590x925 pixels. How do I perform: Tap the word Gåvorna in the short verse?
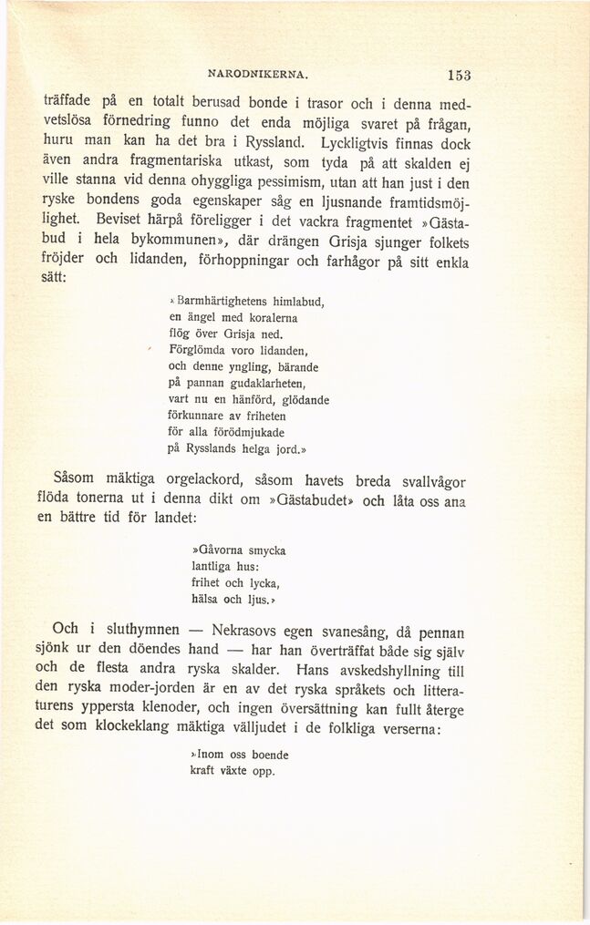point(215,550)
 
